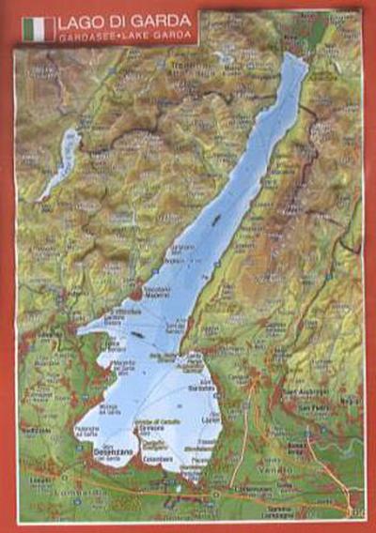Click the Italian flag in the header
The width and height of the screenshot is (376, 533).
pos(39,27)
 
